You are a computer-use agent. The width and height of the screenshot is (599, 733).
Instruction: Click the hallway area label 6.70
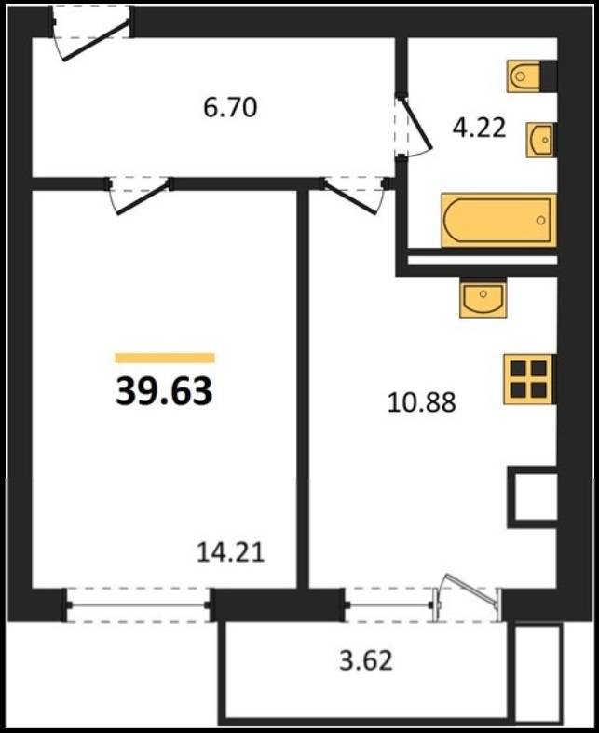coord(230,107)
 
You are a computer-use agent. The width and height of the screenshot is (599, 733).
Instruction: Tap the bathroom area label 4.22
coord(480,128)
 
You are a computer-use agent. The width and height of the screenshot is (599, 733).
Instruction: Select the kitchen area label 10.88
coord(422,402)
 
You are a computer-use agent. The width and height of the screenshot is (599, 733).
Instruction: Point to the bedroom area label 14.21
coord(230,552)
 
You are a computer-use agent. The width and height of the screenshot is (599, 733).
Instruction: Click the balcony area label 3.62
coord(366,661)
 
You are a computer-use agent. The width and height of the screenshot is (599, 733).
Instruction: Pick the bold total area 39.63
coord(164,391)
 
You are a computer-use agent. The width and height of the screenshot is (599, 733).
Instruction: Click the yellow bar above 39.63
coord(165,358)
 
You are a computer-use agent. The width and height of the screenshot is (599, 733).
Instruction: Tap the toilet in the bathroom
coord(532,75)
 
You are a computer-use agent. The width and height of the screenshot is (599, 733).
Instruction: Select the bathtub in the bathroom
coord(499,220)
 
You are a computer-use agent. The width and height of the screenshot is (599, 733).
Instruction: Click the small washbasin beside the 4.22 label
coord(541,140)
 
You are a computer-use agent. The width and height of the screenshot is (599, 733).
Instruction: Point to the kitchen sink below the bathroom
coord(483,297)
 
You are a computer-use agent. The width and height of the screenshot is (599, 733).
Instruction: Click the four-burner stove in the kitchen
coord(529,379)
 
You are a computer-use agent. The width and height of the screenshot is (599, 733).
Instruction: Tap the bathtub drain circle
coord(541,220)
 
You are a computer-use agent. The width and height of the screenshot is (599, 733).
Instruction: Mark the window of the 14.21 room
coord(139,605)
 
